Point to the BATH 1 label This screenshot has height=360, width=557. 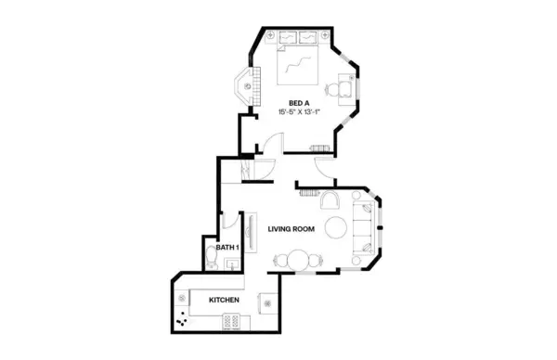click(x=227, y=247)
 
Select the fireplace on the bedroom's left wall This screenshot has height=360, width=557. click(x=249, y=84)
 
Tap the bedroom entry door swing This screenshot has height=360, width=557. click(x=270, y=144)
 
